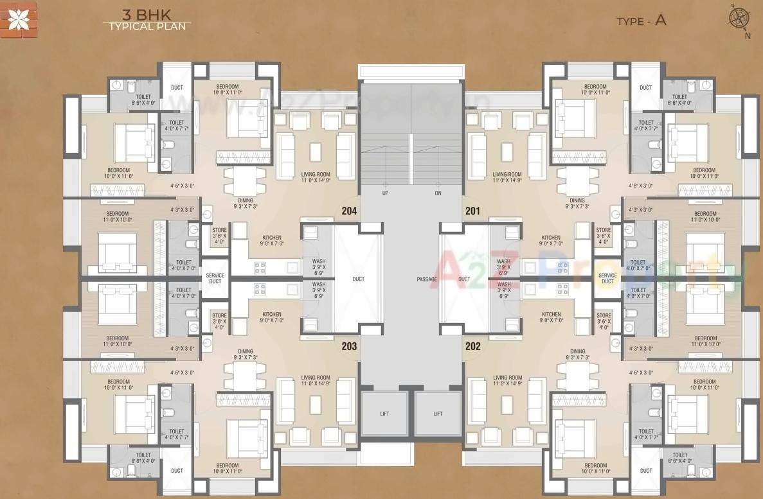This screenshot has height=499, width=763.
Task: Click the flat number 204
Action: pos(350,211)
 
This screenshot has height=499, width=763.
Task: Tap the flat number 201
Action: pos(472,211)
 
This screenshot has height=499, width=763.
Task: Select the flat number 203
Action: pos(349,346)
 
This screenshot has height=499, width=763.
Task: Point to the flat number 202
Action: pos(472,346)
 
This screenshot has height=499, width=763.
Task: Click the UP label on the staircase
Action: pos(385,193)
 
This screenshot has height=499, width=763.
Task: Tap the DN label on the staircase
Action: pos(437,193)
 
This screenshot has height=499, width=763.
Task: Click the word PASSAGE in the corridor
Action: pos(426,279)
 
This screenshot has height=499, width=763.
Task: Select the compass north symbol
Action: pos(739,17)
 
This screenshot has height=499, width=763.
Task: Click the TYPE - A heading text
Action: pos(641,21)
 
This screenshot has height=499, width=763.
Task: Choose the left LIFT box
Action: pos(384,414)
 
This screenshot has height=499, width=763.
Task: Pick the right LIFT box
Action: pos(438,414)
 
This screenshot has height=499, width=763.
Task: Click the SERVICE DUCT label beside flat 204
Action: pos(215,279)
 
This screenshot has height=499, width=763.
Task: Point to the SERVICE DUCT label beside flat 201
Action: pos(607,279)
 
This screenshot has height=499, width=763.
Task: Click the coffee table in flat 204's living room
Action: pos(316,152)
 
